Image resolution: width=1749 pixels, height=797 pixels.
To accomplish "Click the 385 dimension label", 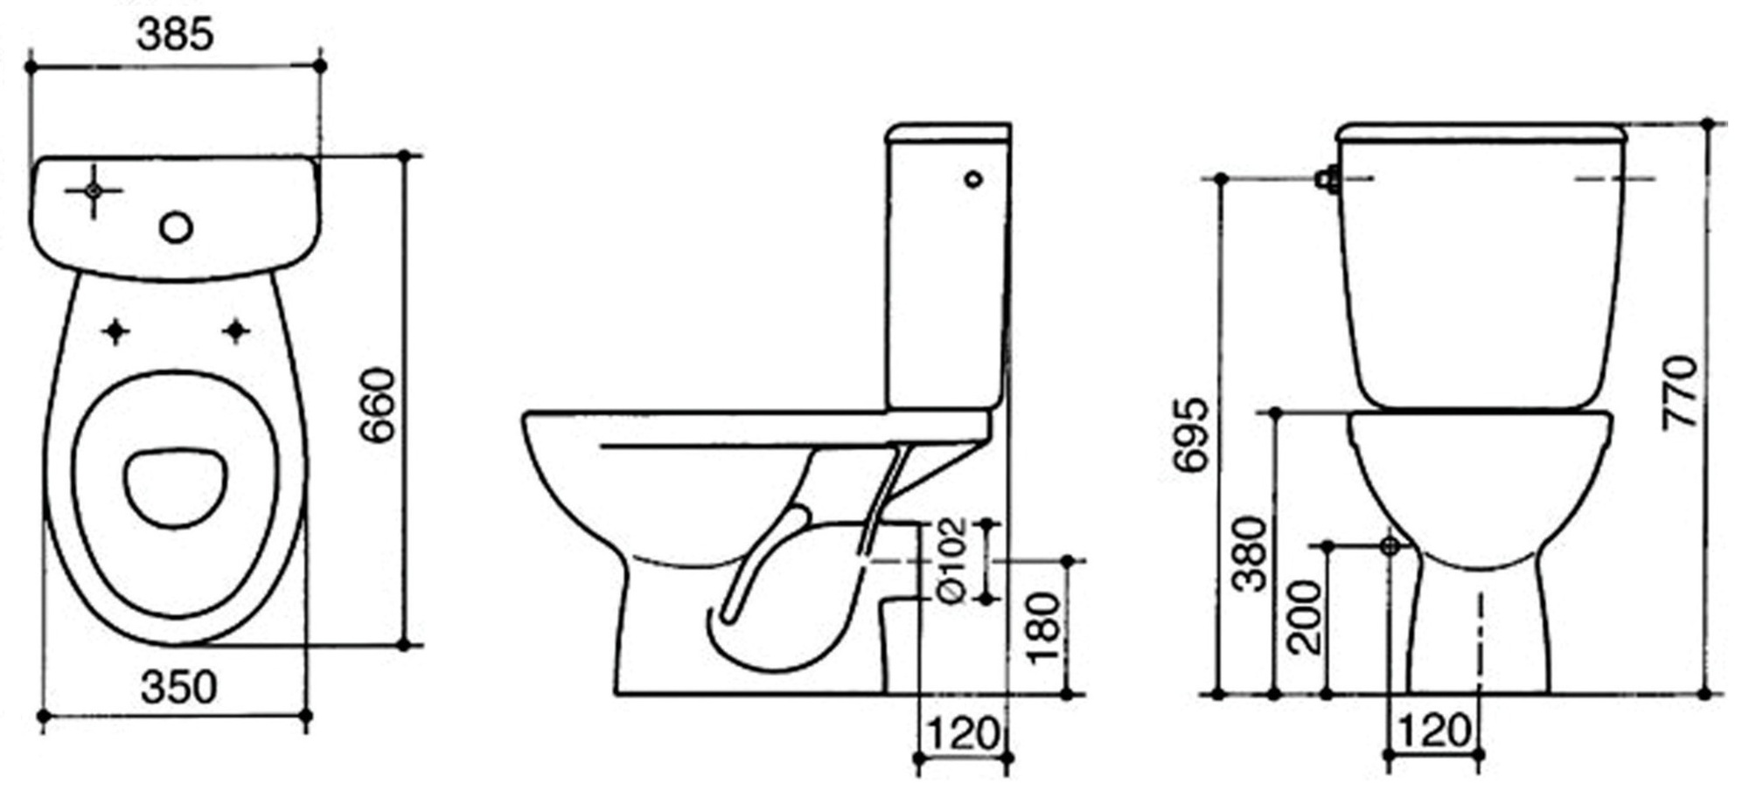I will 175,35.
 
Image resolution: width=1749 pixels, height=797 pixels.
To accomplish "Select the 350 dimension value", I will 178,688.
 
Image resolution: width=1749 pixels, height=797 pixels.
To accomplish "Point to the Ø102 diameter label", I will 951,560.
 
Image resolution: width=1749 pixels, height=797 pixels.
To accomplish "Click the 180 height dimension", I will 1045,627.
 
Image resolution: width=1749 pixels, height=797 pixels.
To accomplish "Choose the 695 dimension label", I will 1190,435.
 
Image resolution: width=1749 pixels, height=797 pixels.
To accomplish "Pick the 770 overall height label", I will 1680,392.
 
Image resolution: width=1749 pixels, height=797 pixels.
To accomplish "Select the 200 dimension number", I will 1306,617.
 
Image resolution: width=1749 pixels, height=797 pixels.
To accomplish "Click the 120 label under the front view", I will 1434,730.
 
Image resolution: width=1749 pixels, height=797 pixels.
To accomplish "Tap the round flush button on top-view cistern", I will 176,228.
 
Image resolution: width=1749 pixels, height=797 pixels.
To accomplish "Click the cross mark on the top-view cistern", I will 94,190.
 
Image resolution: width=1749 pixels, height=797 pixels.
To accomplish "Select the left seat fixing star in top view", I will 115,331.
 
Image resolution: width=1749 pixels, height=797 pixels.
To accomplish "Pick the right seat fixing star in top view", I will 235,331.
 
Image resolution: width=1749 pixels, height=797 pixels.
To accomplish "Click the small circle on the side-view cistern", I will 973,179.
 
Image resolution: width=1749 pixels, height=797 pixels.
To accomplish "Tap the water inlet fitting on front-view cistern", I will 1328,179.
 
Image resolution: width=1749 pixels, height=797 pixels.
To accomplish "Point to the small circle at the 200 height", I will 1390,546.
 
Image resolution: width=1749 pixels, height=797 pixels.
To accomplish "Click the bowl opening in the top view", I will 175,488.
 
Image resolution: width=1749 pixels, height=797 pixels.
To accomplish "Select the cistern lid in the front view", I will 1481,134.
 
